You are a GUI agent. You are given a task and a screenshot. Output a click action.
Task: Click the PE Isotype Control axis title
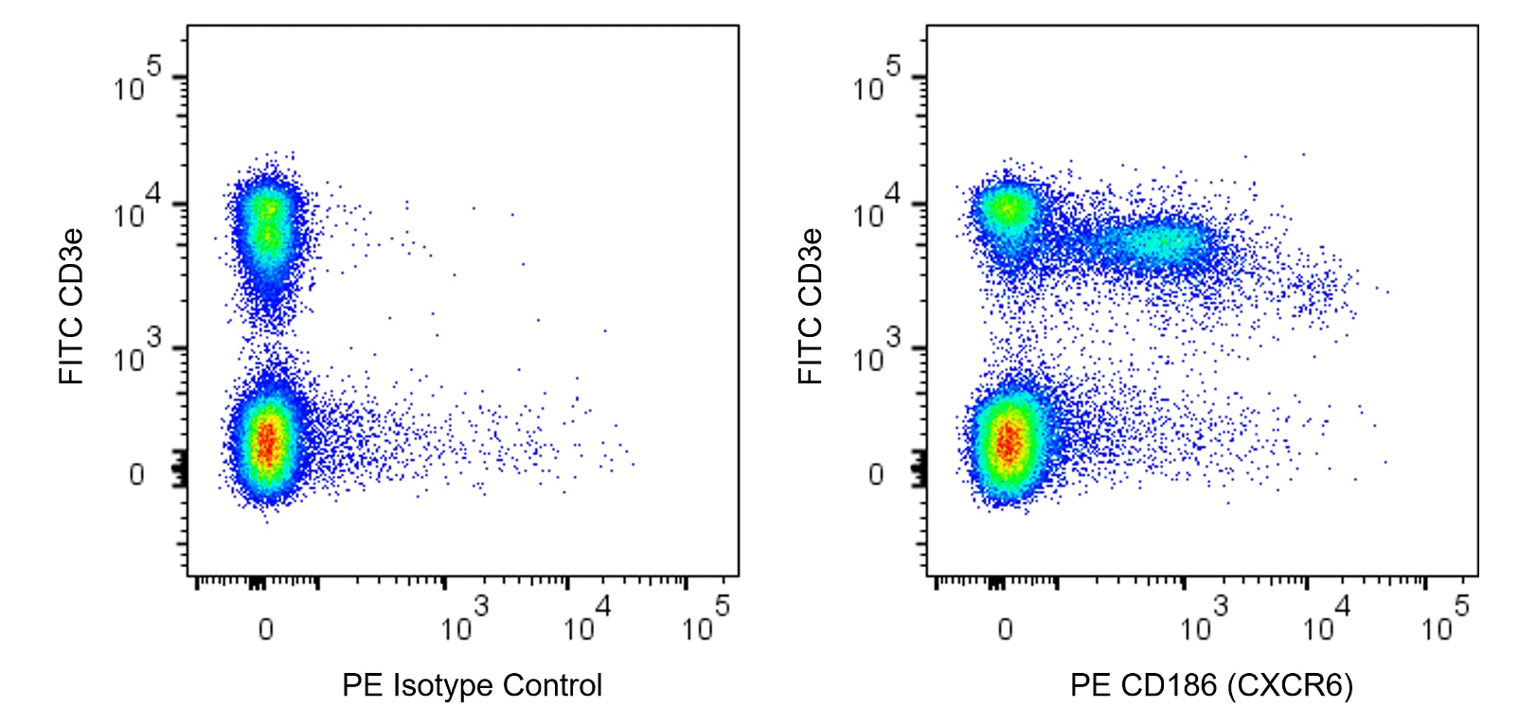point(472,685)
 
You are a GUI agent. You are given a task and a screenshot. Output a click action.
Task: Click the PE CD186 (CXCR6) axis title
point(1211,685)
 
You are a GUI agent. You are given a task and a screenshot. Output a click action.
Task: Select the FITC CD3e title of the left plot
point(72,306)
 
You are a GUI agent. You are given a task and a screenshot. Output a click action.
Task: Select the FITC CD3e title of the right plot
point(811,306)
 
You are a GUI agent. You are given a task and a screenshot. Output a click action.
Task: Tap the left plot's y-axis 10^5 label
point(137,81)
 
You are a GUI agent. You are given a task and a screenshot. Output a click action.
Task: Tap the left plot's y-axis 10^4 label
point(137,209)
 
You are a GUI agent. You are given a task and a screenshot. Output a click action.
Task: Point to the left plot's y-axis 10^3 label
point(137,352)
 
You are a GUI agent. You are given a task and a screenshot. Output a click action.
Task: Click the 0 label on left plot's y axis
point(137,474)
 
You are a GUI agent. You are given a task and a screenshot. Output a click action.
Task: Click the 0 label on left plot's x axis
point(266,628)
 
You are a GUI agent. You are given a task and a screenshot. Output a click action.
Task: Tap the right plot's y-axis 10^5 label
point(877,81)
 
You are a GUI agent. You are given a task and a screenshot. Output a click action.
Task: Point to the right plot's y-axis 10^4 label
point(877,209)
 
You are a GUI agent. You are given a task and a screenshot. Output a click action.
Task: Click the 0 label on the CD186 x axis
point(1006,628)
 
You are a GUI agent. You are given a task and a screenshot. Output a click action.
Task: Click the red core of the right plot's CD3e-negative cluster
point(1008,441)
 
